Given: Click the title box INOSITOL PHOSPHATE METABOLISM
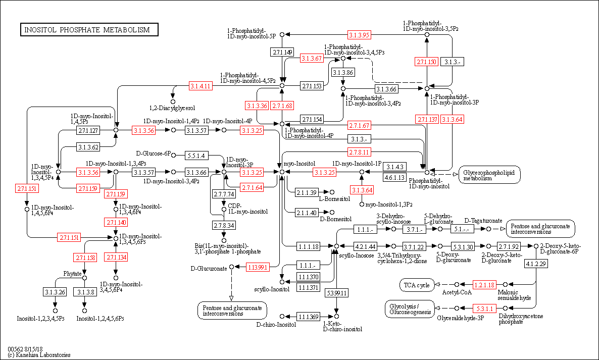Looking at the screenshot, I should coord(89,30).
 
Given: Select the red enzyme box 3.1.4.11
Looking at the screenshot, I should coord(200,86).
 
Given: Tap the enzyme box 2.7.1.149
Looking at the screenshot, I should coord(282,52).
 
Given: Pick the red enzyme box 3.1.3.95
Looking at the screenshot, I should coord(360,35).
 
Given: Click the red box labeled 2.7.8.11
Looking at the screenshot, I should coord(360,152).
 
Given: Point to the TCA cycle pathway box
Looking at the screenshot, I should coord(417,285).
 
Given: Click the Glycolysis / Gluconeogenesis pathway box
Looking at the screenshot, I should coord(411,308).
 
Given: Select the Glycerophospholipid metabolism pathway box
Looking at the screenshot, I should coord(489,175).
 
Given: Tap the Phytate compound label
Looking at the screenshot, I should coord(72,273).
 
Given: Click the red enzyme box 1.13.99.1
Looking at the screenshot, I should coord(257,267).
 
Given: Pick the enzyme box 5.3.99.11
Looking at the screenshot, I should coord(336,292).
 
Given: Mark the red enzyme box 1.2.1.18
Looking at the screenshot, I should coord(485,285).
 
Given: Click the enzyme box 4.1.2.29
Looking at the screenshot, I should coord(536,264).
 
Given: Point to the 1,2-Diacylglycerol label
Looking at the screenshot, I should coord(172,108).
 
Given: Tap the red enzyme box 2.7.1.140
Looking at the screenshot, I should coord(116,222).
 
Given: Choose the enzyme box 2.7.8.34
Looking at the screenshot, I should coord(223,225).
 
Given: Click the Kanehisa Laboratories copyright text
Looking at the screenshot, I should coord(39,355).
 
